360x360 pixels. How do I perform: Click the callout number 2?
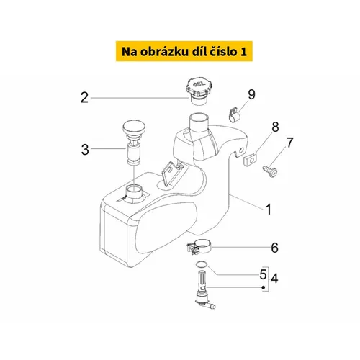[84, 98]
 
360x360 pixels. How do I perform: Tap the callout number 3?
[85, 150]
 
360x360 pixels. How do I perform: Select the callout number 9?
[251, 94]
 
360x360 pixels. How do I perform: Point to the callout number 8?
[275, 127]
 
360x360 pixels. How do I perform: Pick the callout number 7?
[290, 143]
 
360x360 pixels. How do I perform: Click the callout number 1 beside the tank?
[269, 210]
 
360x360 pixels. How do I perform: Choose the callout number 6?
[274, 248]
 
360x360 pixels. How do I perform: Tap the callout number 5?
[263, 274]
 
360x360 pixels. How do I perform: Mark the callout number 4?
[274, 279]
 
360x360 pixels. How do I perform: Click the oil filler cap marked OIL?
[199, 91]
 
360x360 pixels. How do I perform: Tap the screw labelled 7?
[270, 171]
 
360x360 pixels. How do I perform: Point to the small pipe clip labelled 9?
[235, 115]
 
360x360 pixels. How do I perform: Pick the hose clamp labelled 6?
[199, 247]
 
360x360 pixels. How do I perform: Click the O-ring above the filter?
[201, 264]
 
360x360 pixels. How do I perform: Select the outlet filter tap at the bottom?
[204, 289]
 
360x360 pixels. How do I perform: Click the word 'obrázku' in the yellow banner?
[164, 51]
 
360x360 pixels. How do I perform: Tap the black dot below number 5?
[264, 287]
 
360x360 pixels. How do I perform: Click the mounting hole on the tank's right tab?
[241, 150]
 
